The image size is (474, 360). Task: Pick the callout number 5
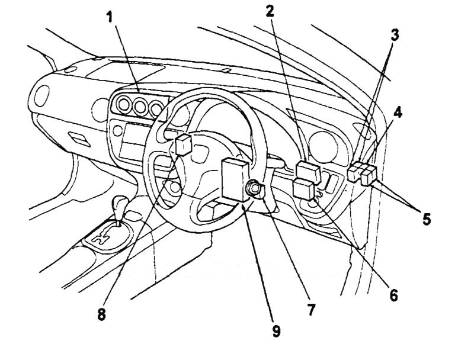425,218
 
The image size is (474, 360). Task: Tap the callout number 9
276,331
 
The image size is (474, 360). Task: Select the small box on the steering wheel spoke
183,143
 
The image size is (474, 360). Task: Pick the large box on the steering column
235,178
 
